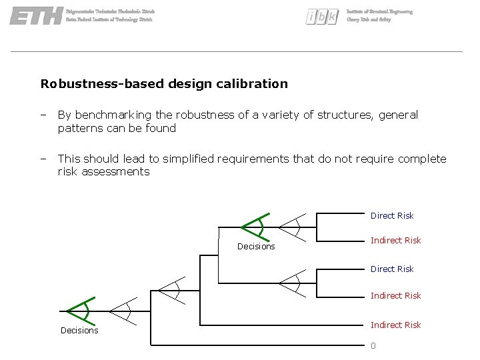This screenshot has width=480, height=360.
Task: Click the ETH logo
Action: pyautogui.click(x=37, y=16)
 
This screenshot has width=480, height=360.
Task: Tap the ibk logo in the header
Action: pyautogui.click(x=323, y=17)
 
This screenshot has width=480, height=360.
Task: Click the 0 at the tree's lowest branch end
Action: pyautogui.click(x=373, y=345)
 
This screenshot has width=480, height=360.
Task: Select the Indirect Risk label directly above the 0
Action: pyautogui.click(x=395, y=325)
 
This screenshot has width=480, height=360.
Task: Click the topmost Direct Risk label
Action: pyautogui.click(x=392, y=215)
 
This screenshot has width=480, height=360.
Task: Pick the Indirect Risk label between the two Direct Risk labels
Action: pyautogui.click(x=395, y=240)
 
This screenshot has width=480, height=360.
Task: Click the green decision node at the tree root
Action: pyautogui.click(x=80, y=311)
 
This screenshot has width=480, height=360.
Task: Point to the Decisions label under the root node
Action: pyautogui.click(x=79, y=331)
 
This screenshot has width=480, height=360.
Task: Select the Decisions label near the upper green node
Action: pyautogui.click(x=256, y=247)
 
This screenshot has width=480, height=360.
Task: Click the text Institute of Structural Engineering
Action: pyautogui.click(x=379, y=12)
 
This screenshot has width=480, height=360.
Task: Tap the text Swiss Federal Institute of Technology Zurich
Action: pyautogui.click(x=109, y=20)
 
